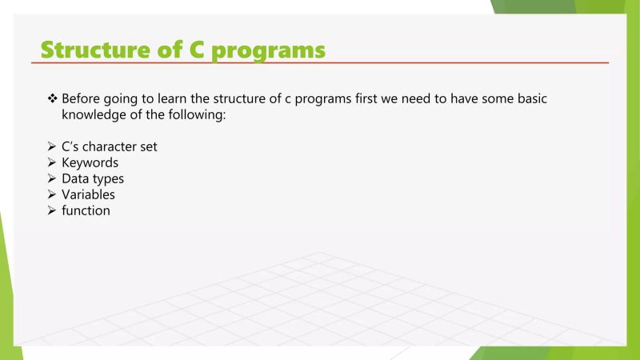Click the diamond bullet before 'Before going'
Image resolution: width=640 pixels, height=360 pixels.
pyautogui.click(x=53, y=99)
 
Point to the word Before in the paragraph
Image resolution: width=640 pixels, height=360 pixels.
pyautogui.click(x=81, y=99)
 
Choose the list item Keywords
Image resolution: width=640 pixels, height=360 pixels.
pyautogui.click(x=90, y=162)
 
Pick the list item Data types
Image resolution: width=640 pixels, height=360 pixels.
pyautogui.click(x=93, y=178)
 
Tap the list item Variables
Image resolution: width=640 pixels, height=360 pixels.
pyautogui.click(x=88, y=194)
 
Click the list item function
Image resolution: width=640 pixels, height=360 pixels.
pyautogui.click(x=86, y=210)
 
